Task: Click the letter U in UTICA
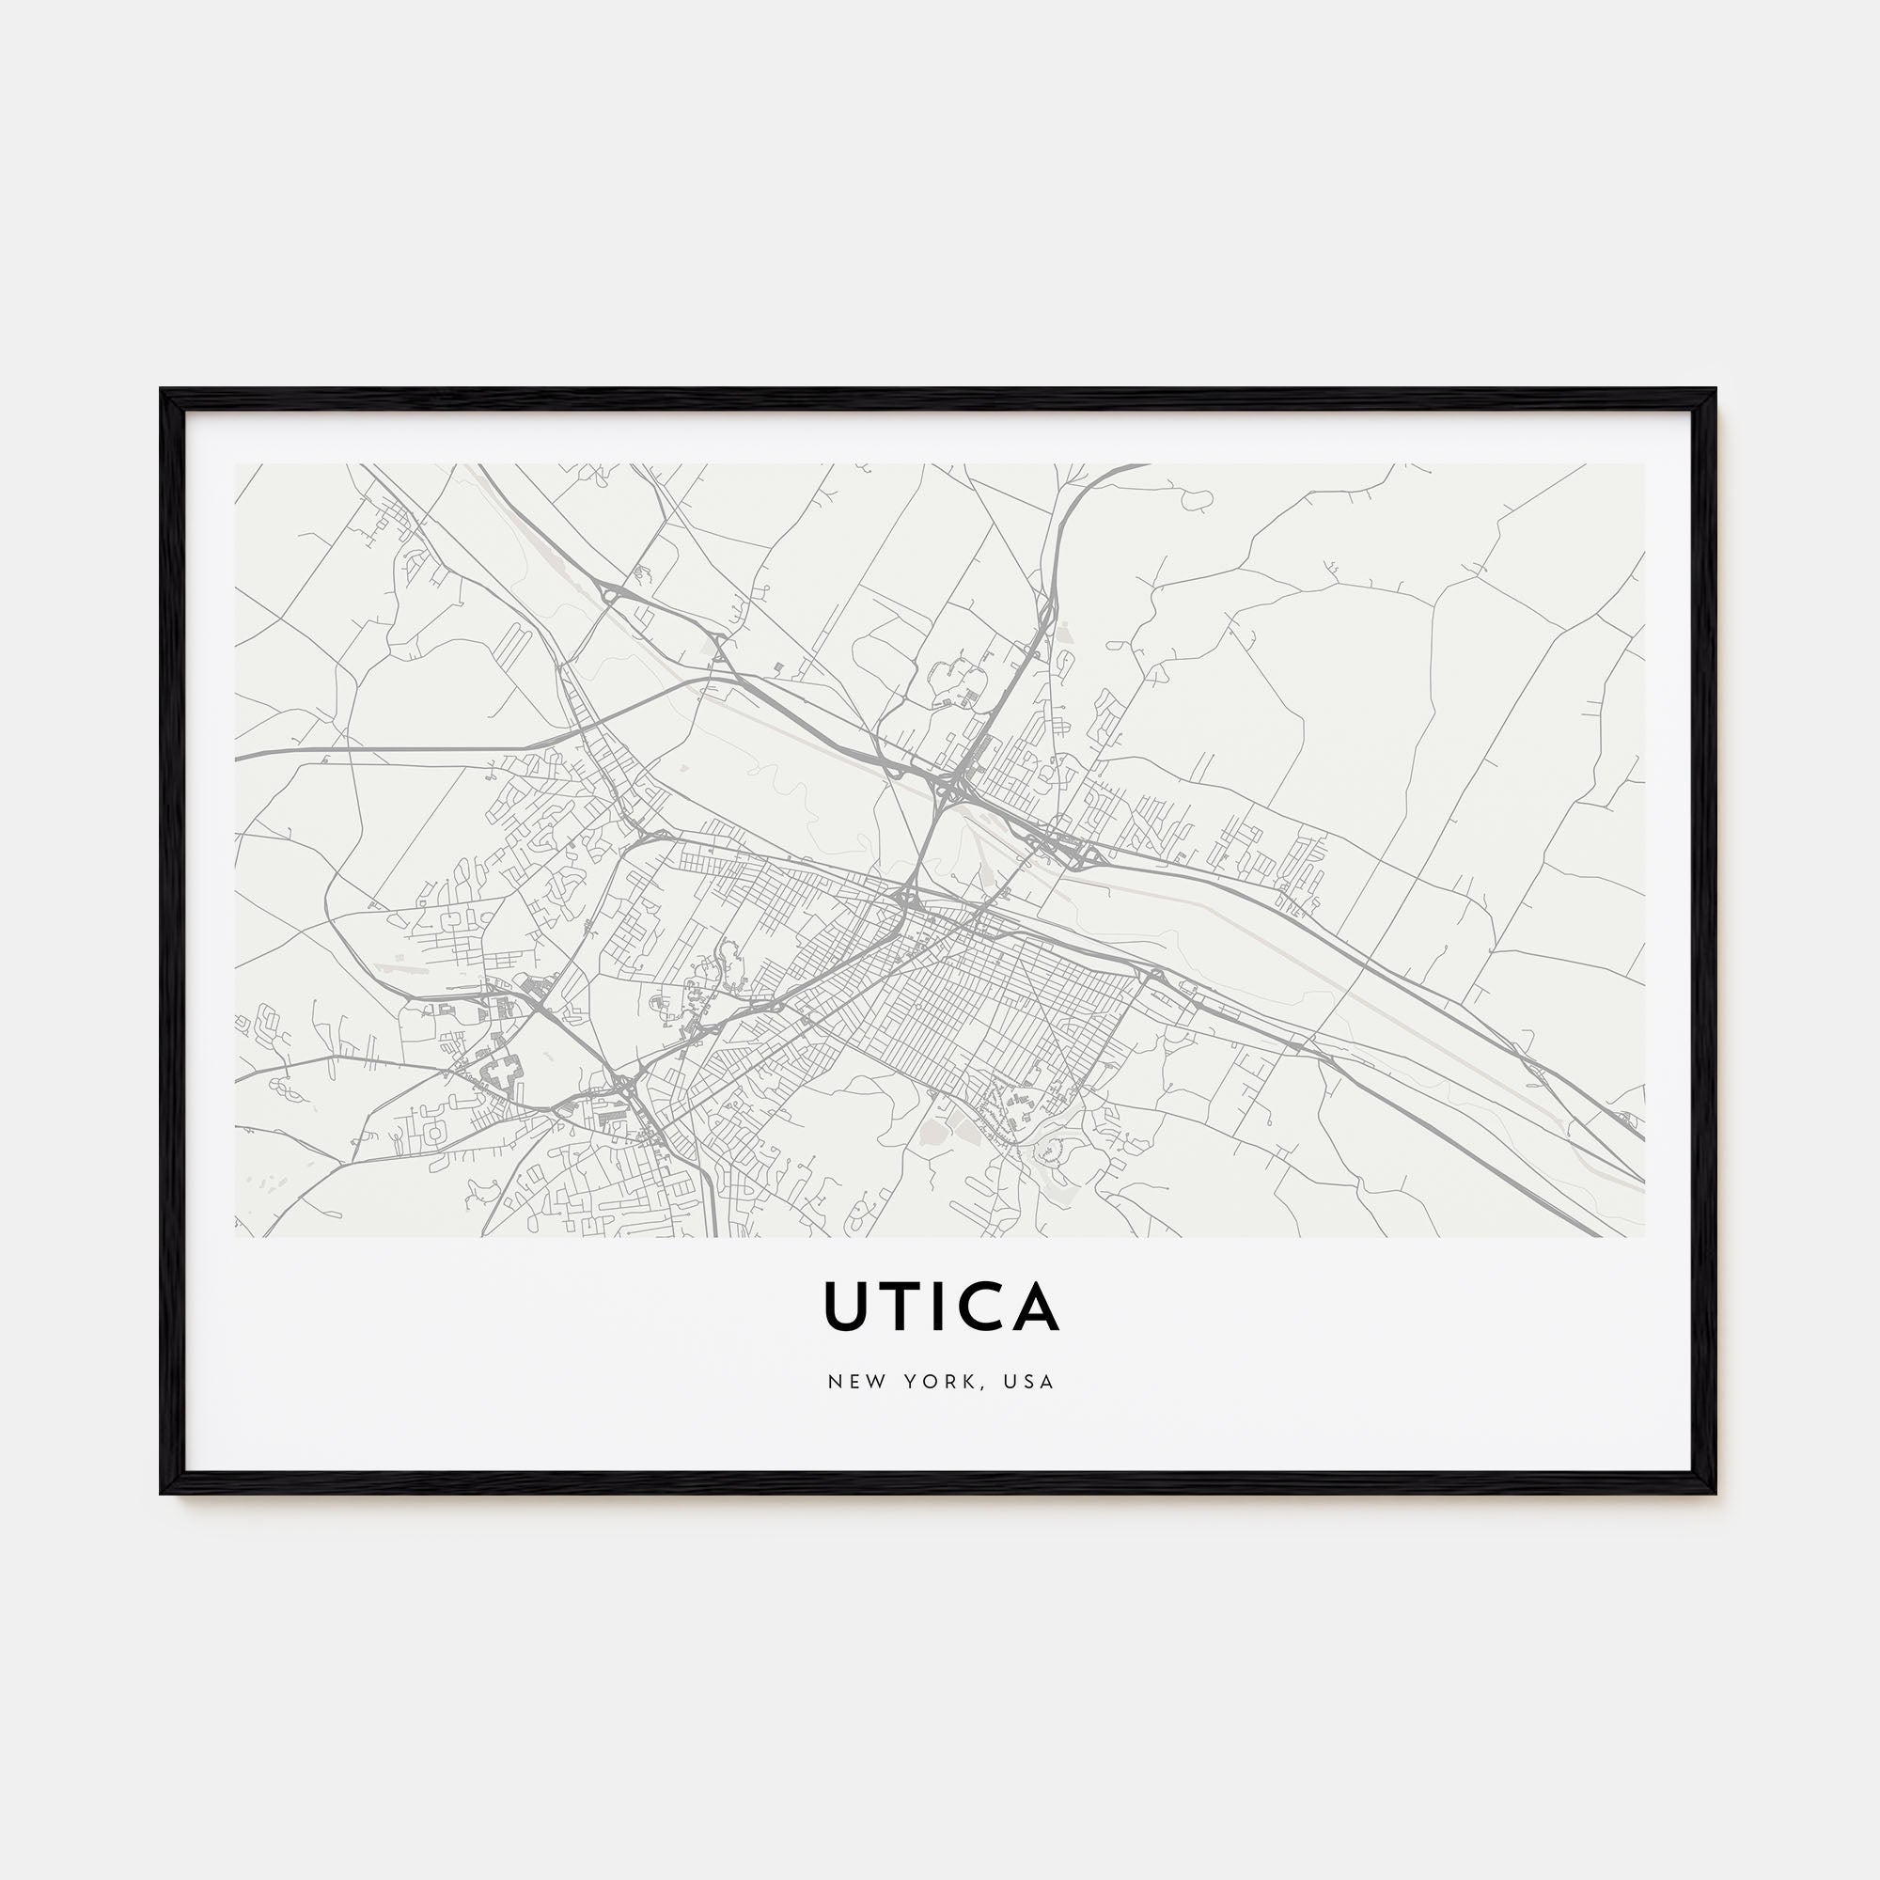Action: point(846,1307)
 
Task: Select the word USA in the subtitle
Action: point(1032,1382)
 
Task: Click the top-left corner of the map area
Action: point(237,465)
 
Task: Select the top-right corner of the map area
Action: point(1643,465)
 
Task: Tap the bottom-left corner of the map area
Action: point(237,1236)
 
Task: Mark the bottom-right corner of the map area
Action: point(1643,1236)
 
